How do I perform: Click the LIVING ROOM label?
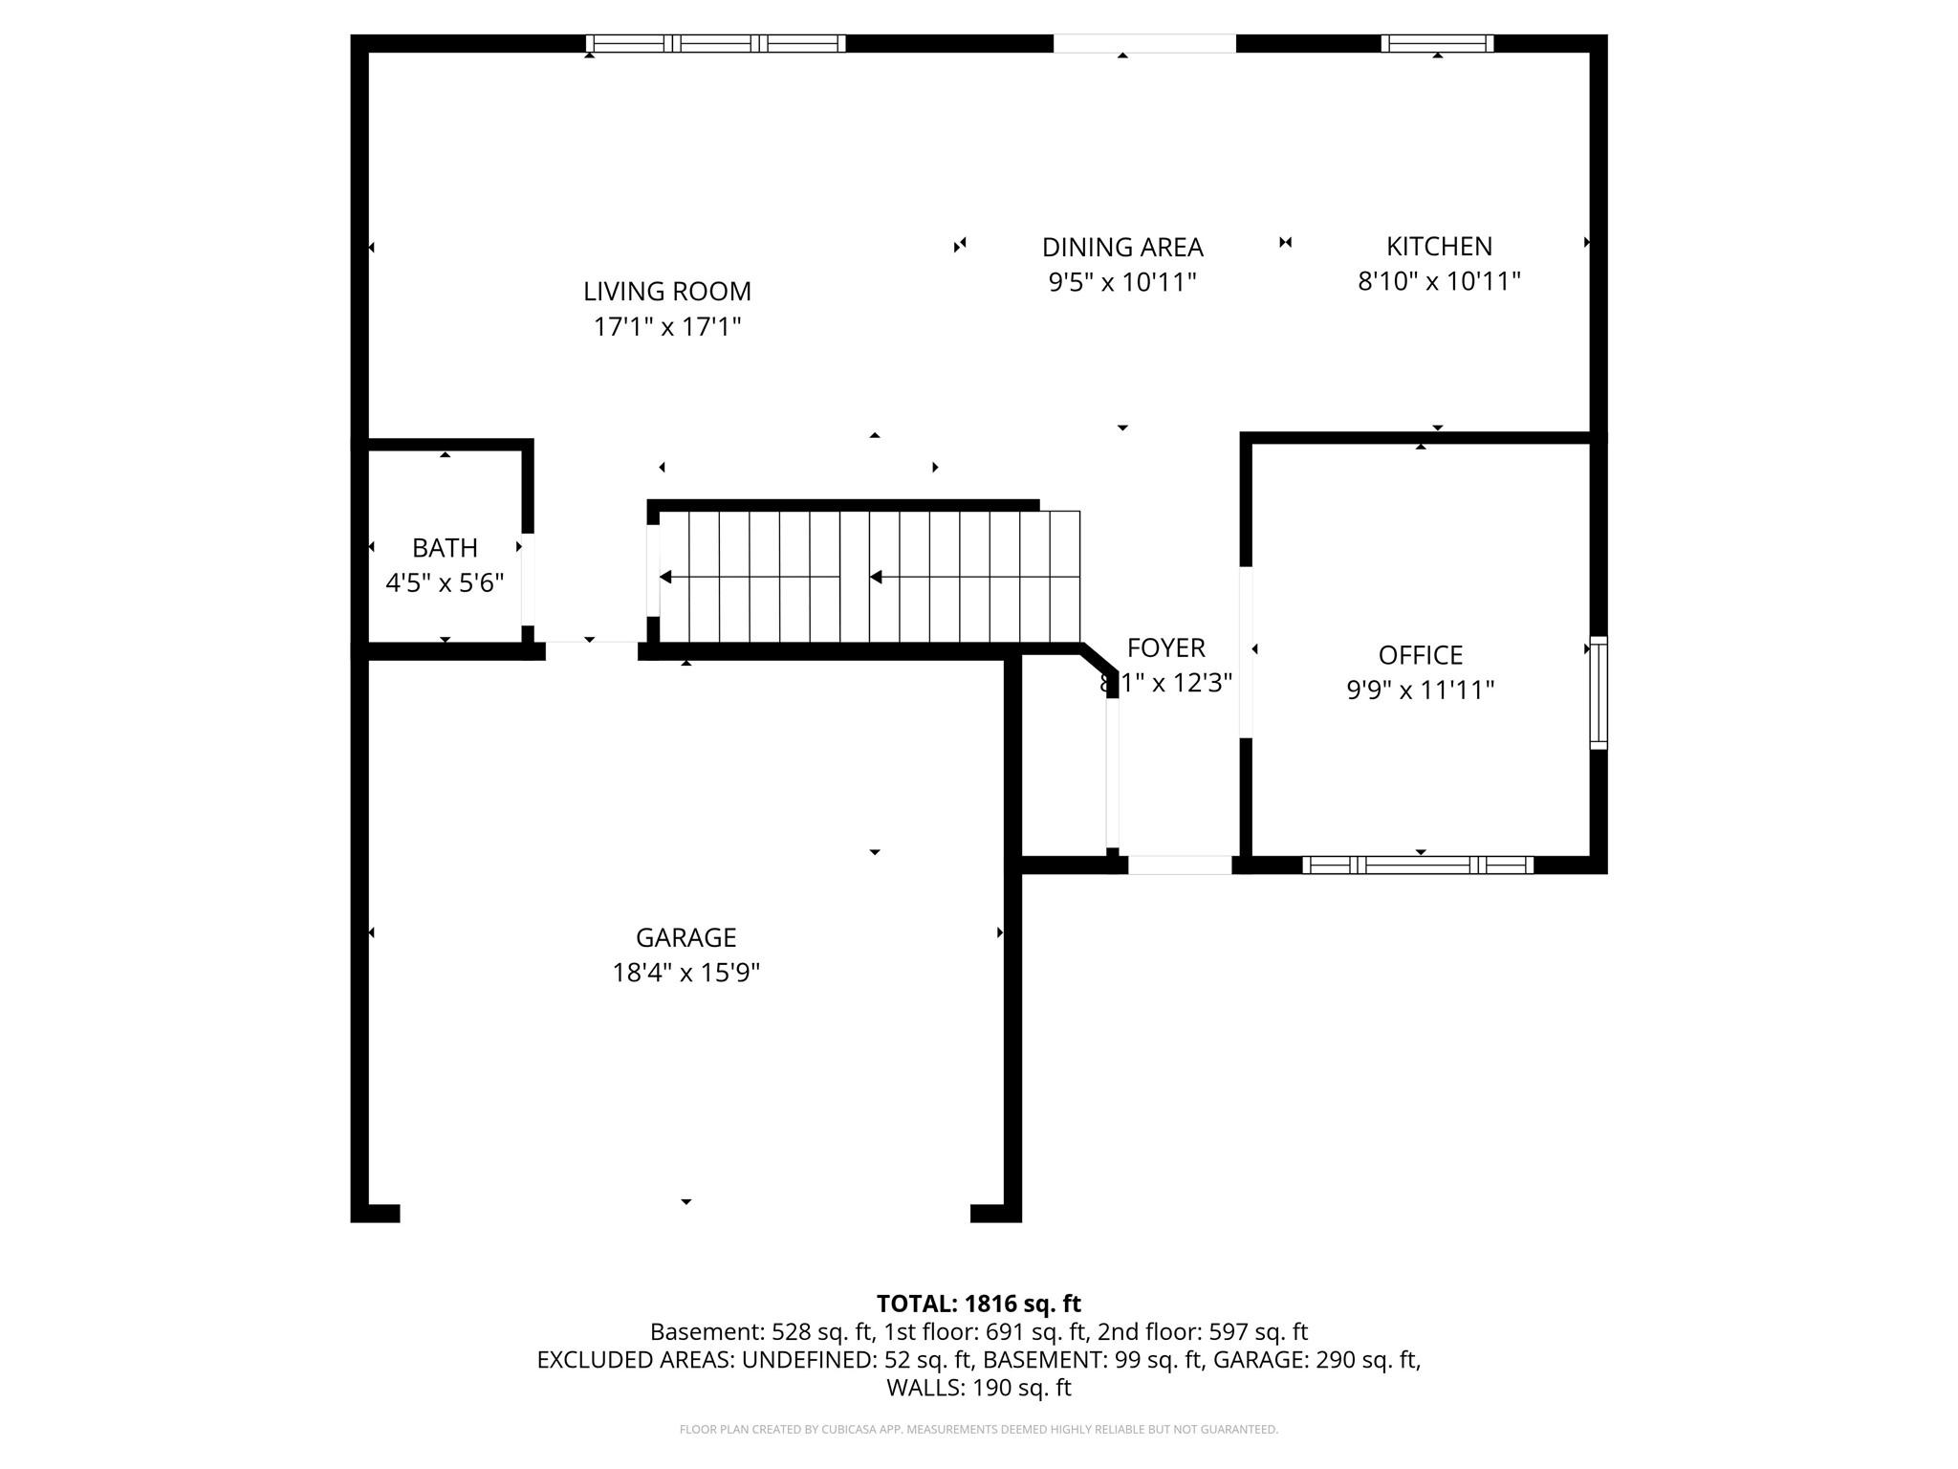pyautogui.click(x=667, y=291)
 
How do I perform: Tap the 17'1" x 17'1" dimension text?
pyautogui.click(x=667, y=327)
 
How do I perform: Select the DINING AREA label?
pyautogui.click(x=1122, y=247)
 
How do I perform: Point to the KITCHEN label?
pyautogui.click(x=1439, y=246)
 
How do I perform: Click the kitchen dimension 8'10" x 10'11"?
pyautogui.click(x=1439, y=281)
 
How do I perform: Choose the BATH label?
pyautogui.click(x=445, y=547)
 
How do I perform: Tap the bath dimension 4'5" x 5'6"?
pyautogui.click(x=445, y=582)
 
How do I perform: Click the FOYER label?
pyautogui.click(x=1165, y=647)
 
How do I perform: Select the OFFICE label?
pyautogui.click(x=1420, y=655)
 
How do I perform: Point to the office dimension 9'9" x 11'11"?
pyautogui.click(x=1420, y=690)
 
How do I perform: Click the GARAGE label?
pyautogui.click(x=685, y=937)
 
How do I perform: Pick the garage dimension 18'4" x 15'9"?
pyautogui.click(x=685, y=973)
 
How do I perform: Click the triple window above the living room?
pyautogui.click(x=715, y=43)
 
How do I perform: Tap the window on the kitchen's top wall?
pyautogui.click(x=1437, y=43)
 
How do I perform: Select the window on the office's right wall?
pyautogui.click(x=1598, y=692)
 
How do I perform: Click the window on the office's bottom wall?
pyautogui.click(x=1418, y=865)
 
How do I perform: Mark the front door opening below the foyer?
pyautogui.click(x=1180, y=865)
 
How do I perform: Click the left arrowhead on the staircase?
pyautogui.click(x=666, y=577)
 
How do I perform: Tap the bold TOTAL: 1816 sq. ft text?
pyautogui.click(x=978, y=1304)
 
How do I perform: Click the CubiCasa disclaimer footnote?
pyautogui.click(x=978, y=1430)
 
